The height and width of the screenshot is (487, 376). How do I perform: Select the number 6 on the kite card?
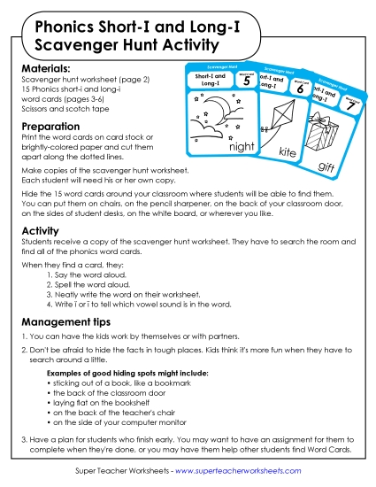[301, 89]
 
